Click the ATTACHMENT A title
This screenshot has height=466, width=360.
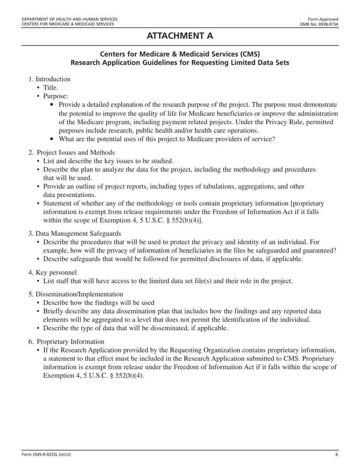pos(180,36)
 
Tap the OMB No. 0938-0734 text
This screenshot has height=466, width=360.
pos(319,24)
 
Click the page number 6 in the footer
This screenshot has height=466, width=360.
pos(337,455)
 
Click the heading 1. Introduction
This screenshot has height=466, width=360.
pos(49,79)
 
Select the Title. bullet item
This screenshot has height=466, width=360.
pos(50,88)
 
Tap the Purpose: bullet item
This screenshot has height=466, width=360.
pos(55,96)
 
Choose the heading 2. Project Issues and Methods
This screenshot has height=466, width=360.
pos(72,152)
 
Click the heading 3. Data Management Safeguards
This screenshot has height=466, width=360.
pos(75,233)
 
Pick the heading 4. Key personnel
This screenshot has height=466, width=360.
pos(52,272)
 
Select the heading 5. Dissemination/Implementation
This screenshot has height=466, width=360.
pos(75,294)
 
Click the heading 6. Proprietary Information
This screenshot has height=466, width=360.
pos(66,341)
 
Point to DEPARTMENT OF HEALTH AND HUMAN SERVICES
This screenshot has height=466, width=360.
pos(69,19)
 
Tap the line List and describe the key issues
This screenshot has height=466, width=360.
pos(108,161)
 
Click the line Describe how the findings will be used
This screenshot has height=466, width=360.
pos(99,303)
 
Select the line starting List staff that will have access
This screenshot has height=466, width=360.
pos(167,281)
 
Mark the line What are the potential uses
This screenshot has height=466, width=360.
pos(167,139)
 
